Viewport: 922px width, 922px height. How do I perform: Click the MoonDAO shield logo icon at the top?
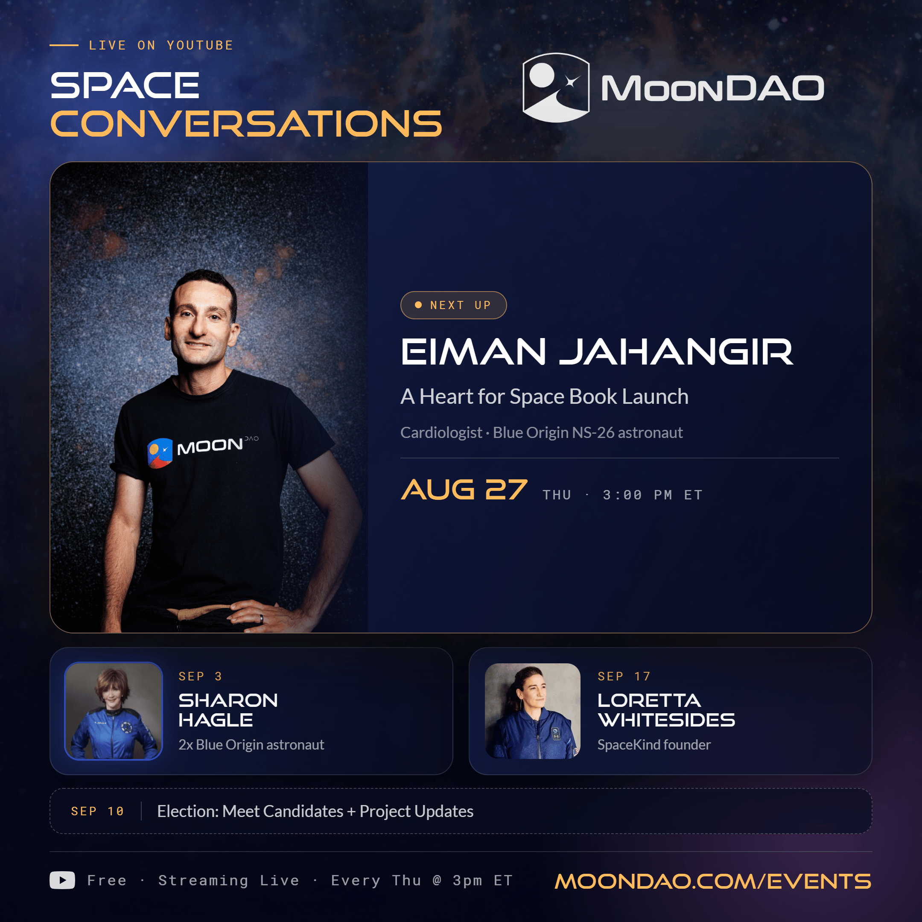tap(556, 88)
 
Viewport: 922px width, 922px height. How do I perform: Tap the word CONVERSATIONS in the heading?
tap(246, 124)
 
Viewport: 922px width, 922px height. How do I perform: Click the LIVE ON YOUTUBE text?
tap(161, 45)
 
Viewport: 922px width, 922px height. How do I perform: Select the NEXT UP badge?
tap(453, 305)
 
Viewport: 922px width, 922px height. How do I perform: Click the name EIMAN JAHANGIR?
tap(597, 352)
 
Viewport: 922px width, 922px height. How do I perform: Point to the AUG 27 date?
tap(464, 490)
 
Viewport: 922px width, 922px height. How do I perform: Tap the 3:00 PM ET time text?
tap(652, 495)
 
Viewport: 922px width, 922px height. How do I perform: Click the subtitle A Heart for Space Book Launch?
tap(544, 397)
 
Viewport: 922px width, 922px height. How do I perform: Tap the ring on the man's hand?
tap(261, 619)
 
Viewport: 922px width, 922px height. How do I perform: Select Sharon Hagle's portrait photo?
tap(114, 711)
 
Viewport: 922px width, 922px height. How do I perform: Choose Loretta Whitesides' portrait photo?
tap(533, 711)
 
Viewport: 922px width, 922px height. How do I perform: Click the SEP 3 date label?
tap(200, 676)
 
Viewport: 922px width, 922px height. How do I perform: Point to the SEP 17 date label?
tap(624, 676)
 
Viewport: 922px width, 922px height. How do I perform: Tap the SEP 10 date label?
tap(97, 811)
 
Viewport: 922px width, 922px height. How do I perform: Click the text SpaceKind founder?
tap(654, 744)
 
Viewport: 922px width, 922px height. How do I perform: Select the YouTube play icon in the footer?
tap(62, 881)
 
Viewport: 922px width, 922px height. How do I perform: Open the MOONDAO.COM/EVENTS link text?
tap(713, 881)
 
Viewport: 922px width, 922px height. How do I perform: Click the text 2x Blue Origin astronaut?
tap(251, 744)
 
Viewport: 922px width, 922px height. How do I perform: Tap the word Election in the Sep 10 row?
tap(187, 811)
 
